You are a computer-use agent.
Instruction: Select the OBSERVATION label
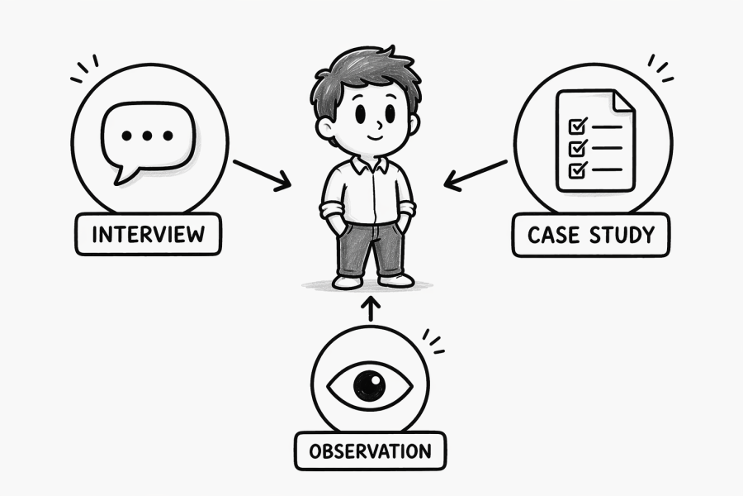(370, 451)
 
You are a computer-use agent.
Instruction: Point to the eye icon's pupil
(369, 384)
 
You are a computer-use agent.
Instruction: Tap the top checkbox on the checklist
(577, 126)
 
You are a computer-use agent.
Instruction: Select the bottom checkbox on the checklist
(577, 169)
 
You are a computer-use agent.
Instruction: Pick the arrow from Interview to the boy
(261, 174)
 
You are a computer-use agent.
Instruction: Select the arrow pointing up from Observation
(370, 308)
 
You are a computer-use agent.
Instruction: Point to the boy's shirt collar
(367, 164)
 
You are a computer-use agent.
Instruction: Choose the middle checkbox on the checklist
(577, 148)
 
